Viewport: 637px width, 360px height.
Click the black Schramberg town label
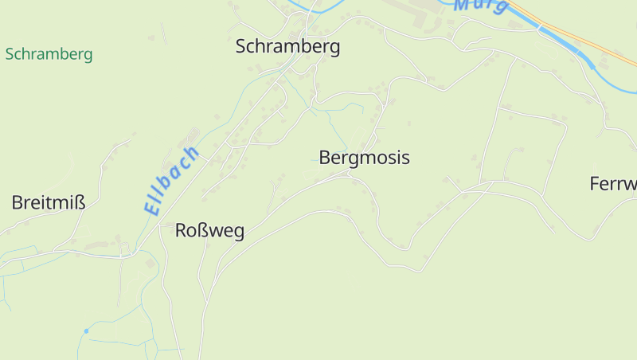pyautogui.click(x=287, y=46)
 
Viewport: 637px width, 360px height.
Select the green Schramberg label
pyautogui.click(x=49, y=54)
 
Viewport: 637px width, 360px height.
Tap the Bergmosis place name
pyautogui.click(x=364, y=157)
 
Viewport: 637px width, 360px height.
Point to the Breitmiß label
pyautogui.click(x=49, y=202)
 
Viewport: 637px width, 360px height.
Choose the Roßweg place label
pyautogui.click(x=209, y=231)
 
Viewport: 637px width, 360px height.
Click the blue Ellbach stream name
pyautogui.click(x=171, y=181)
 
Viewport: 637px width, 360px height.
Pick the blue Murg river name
pyautogui.click(x=481, y=5)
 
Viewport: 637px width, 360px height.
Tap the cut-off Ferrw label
pyautogui.click(x=614, y=184)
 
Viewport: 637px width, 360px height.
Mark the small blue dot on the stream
pyautogui.click(x=86, y=331)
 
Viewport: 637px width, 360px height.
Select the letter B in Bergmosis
pyautogui.click(x=325, y=157)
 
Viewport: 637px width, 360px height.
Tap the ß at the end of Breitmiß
pyautogui.click(x=80, y=202)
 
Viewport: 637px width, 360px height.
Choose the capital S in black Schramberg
pyautogui.click(x=241, y=46)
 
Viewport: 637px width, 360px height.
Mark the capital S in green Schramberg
pyautogui.click(x=9, y=54)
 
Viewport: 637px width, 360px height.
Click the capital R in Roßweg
pyautogui.click(x=181, y=231)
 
